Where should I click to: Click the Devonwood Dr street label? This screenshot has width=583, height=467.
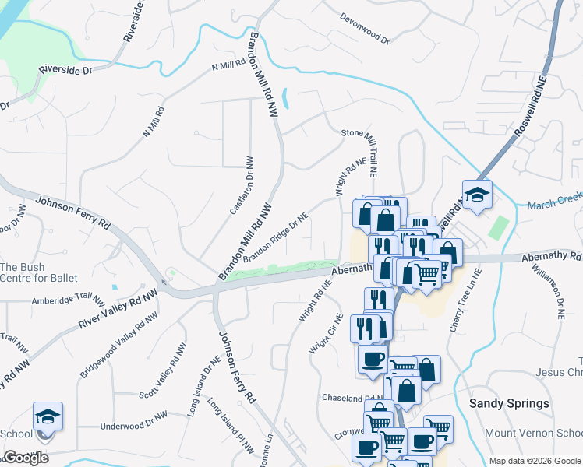point(364,26)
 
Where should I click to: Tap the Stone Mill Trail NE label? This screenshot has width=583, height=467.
point(371,145)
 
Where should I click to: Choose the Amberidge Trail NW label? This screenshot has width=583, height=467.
point(67,300)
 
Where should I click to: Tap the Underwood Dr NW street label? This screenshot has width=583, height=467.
point(133,426)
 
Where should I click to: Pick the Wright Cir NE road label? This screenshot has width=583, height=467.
point(326,333)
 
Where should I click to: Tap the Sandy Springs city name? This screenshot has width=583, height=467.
point(509,403)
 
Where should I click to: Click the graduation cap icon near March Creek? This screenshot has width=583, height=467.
point(477,194)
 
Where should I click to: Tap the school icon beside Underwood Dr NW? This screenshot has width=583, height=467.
point(48,416)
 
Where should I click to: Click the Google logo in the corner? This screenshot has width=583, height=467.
point(26,458)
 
